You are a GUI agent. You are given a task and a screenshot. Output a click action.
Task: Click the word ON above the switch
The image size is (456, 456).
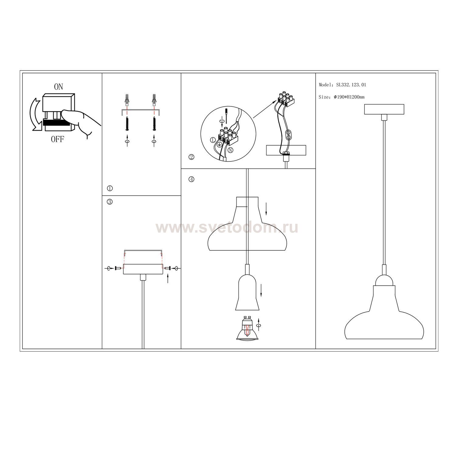(x=58, y=87)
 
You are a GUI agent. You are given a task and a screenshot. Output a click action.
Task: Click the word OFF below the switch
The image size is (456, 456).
(x=57, y=140)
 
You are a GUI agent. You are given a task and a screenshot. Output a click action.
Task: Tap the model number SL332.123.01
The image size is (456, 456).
(x=351, y=85)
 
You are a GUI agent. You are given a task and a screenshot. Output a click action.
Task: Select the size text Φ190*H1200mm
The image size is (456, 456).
(x=349, y=97)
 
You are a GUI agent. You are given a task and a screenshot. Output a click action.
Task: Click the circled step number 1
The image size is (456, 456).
(x=110, y=188)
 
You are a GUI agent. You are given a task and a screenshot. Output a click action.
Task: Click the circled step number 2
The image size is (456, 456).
(x=191, y=157)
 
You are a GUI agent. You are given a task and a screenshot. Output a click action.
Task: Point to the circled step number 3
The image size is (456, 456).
(x=110, y=202)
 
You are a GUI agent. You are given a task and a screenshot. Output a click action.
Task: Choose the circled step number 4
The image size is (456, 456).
(x=191, y=179)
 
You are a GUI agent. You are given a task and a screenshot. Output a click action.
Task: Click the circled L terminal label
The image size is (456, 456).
(x=212, y=140)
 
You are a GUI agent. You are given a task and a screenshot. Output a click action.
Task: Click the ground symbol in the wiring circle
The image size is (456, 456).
(x=218, y=146)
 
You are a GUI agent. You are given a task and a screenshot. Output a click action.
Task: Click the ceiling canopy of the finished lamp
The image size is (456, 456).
(x=384, y=109)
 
